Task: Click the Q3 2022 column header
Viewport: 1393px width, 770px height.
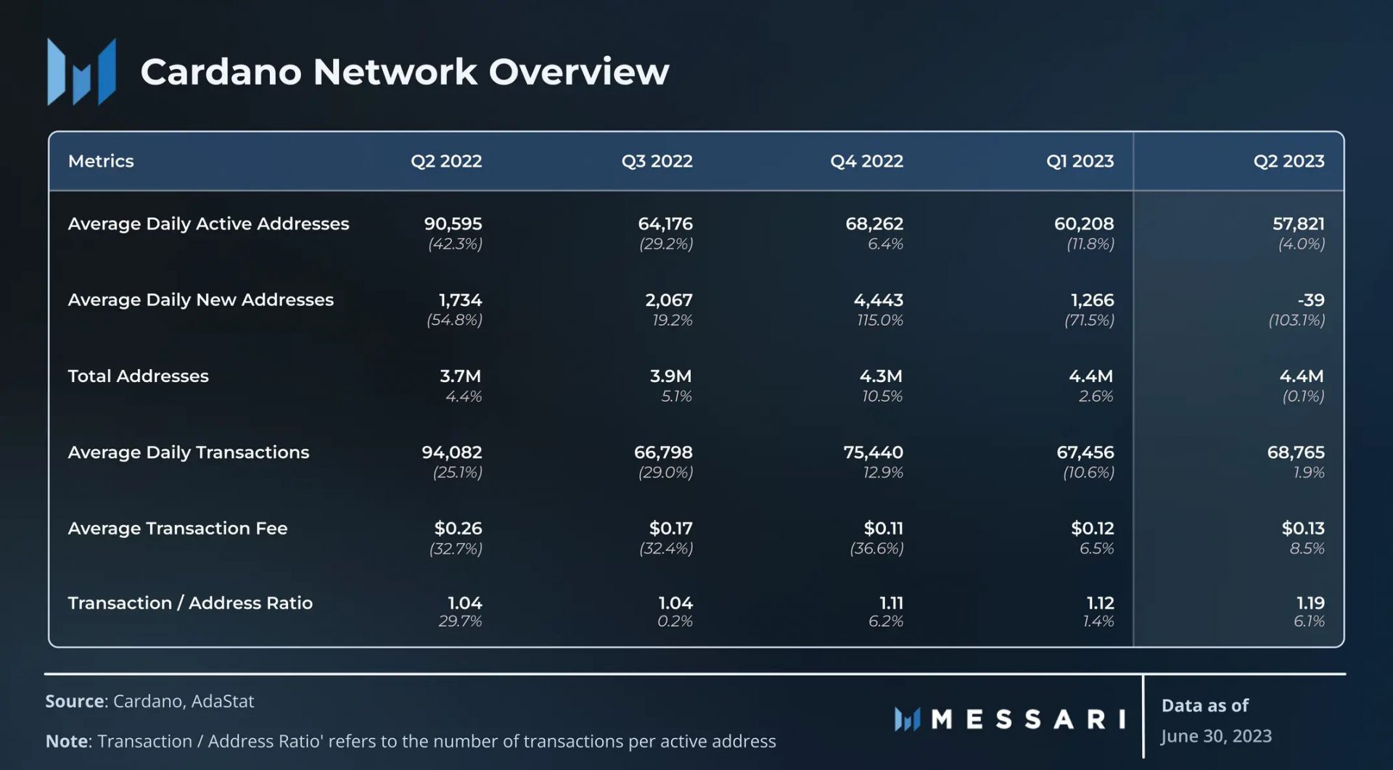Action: pyautogui.click(x=657, y=161)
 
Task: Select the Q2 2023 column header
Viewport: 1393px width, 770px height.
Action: pyautogui.click(x=1289, y=161)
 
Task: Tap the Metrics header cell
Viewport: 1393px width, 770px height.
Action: pyautogui.click(x=101, y=161)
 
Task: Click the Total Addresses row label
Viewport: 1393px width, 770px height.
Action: pyautogui.click(x=138, y=376)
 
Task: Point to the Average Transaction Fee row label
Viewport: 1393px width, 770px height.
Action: pyautogui.click(x=178, y=528)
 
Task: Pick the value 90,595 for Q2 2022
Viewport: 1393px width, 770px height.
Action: pyautogui.click(x=453, y=223)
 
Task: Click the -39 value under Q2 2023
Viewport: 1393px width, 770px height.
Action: pyautogui.click(x=1310, y=299)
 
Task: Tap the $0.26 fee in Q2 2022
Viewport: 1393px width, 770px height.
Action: pyautogui.click(x=458, y=528)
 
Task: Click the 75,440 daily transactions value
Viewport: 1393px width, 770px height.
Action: pyautogui.click(x=873, y=452)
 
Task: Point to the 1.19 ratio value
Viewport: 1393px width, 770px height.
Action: pyautogui.click(x=1310, y=603)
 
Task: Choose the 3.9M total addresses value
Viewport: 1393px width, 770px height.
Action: pyautogui.click(x=670, y=376)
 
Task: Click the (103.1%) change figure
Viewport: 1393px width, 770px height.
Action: pyautogui.click(x=1296, y=320)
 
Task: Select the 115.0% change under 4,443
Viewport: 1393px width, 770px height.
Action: pyautogui.click(x=879, y=320)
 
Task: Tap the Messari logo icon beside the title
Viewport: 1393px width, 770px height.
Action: pyautogui.click(x=81, y=72)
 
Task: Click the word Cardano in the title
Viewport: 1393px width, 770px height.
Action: pyautogui.click(x=221, y=72)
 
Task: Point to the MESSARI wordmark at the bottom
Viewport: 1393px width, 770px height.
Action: pyautogui.click(x=1027, y=719)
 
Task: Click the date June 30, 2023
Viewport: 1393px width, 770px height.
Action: pyautogui.click(x=1216, y=736)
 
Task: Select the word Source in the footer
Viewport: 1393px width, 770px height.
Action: pyautogui.click(x=75, y=701)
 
